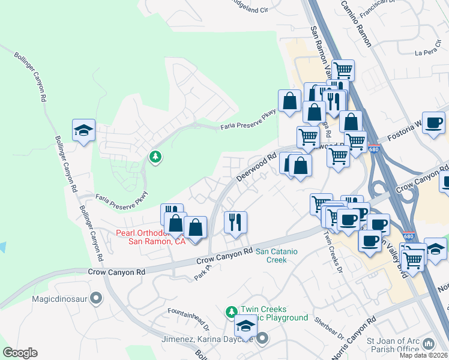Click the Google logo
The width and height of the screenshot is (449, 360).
pyautogui.click(x=20, y=353)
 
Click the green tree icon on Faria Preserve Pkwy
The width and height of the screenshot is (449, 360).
pyautogui.click(x=155, y=157)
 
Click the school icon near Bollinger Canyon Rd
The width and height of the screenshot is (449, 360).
pyautogui.click(x=83, y=130)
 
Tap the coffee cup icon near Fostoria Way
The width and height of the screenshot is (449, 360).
pyautogui.click(x=433, y=123)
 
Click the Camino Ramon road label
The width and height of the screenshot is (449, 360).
pyautogui.click(x=357, y=24)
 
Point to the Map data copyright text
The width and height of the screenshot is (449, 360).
pyautogui.click(x=424, y=355)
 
